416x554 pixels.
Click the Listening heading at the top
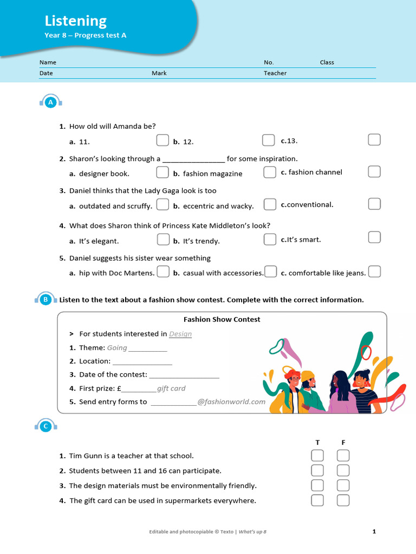(x=75, y=21)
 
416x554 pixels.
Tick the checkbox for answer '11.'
(x=162, y=141)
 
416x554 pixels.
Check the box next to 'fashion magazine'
(x=270, y=173)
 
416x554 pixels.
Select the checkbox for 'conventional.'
(x=374, y=204)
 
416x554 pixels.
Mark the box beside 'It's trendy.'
(x=270, y=239)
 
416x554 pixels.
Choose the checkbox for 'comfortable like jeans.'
(x=374, y=272)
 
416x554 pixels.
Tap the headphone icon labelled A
(x=51, y=102)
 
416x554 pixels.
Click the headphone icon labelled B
(x=46, y=299)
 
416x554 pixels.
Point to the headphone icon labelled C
(x=46, y=426)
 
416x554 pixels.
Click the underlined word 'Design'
(x=180, y=334)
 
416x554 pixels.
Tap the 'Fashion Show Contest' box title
(x=222, y=319)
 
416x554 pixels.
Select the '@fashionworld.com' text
(x=231, y=401)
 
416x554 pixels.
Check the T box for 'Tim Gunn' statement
(x=317, y=456)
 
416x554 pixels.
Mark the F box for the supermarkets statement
(x=343, y=500)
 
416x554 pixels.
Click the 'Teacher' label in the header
(x=275, y=73)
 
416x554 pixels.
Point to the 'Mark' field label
(x=159, y=73)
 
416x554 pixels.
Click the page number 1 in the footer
(x=374, y=531)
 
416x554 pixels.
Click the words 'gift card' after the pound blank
(x=171, y=388)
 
